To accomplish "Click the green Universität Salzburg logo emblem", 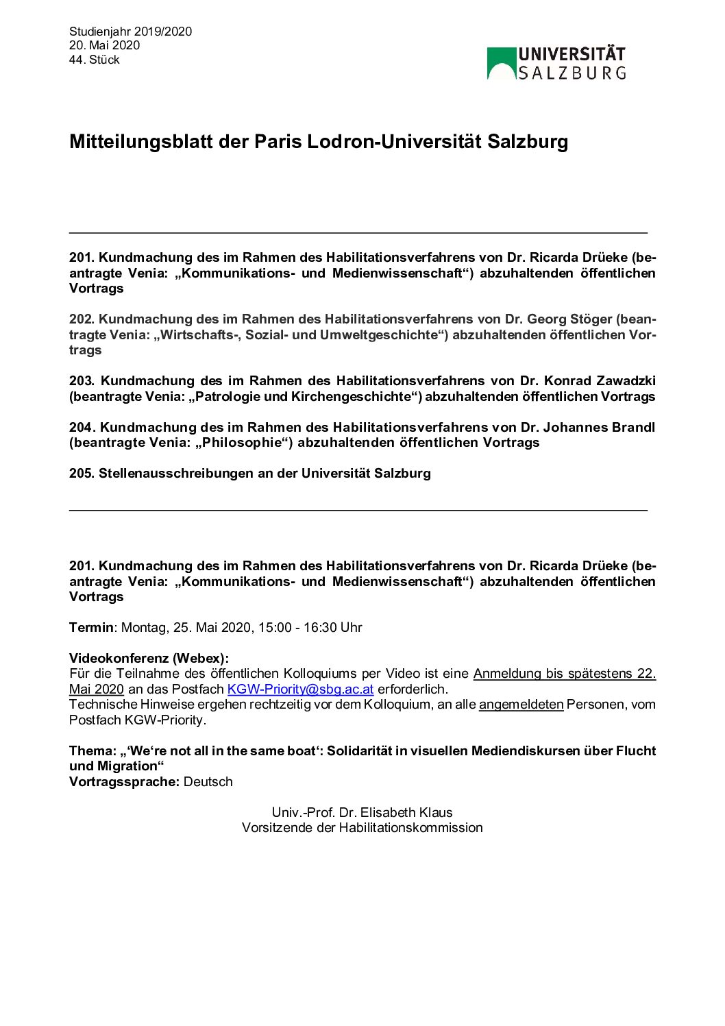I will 502,63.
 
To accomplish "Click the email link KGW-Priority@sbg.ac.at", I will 300,689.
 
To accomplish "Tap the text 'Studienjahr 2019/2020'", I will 130,32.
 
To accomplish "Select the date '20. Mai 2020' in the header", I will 104,45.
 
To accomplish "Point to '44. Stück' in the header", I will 94,60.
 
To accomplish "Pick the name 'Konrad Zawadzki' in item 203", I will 600,381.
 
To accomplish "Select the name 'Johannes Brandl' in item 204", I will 599,427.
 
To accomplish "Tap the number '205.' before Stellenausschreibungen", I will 82,474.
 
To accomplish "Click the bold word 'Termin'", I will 91,627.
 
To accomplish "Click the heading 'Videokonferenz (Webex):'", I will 149,659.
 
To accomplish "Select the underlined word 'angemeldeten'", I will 521,705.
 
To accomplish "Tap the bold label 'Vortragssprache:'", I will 124,782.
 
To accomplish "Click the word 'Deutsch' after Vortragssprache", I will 208,782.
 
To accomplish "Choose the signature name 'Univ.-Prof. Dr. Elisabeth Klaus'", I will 362,813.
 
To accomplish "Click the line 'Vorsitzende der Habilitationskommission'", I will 362,828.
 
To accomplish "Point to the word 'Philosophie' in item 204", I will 239,443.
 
